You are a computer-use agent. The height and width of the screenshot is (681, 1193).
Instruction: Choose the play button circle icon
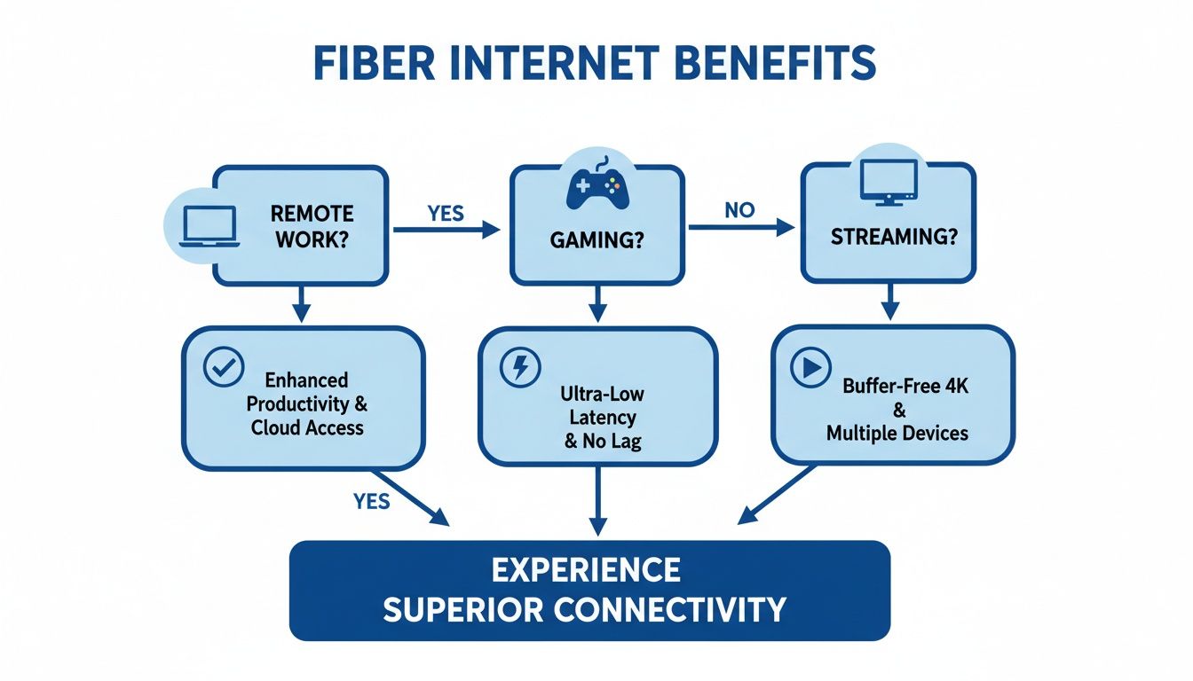810,367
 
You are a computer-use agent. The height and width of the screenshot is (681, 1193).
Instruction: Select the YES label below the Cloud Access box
371,501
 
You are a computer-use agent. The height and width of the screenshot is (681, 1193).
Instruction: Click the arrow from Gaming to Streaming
742,229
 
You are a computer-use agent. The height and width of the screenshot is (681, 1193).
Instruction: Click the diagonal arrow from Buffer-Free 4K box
777,494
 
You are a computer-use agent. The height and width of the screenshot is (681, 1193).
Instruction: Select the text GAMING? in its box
596,240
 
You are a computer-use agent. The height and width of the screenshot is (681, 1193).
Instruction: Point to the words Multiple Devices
897,433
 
